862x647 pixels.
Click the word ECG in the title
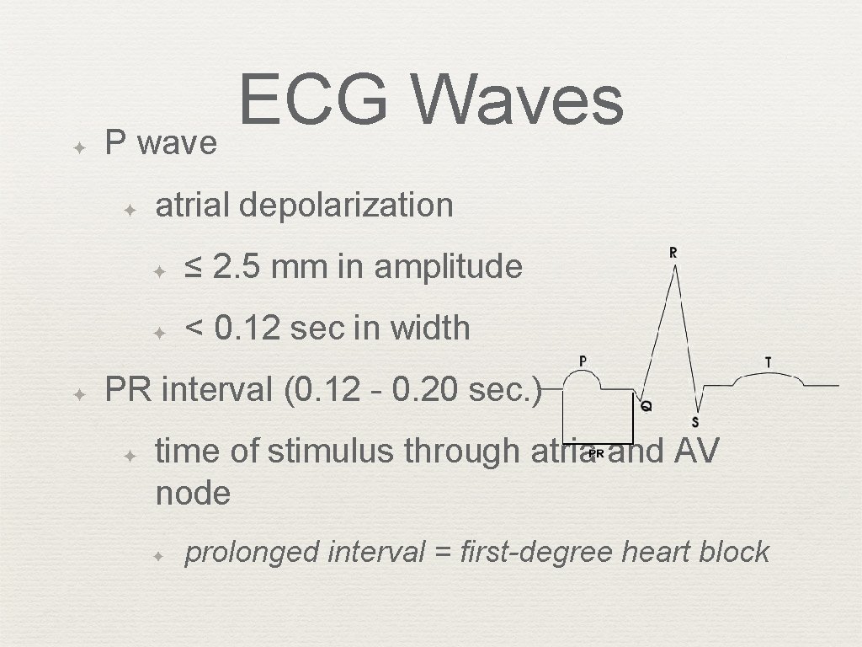313,99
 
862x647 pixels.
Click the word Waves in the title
519,99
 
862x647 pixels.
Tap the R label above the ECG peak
673,253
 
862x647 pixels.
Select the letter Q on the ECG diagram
646,406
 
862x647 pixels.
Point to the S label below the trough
694,421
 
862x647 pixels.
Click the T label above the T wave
768,362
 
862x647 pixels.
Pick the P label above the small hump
583,361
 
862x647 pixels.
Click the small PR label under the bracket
596,453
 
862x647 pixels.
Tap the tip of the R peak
674,268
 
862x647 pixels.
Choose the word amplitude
448,267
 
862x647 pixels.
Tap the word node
193,493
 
